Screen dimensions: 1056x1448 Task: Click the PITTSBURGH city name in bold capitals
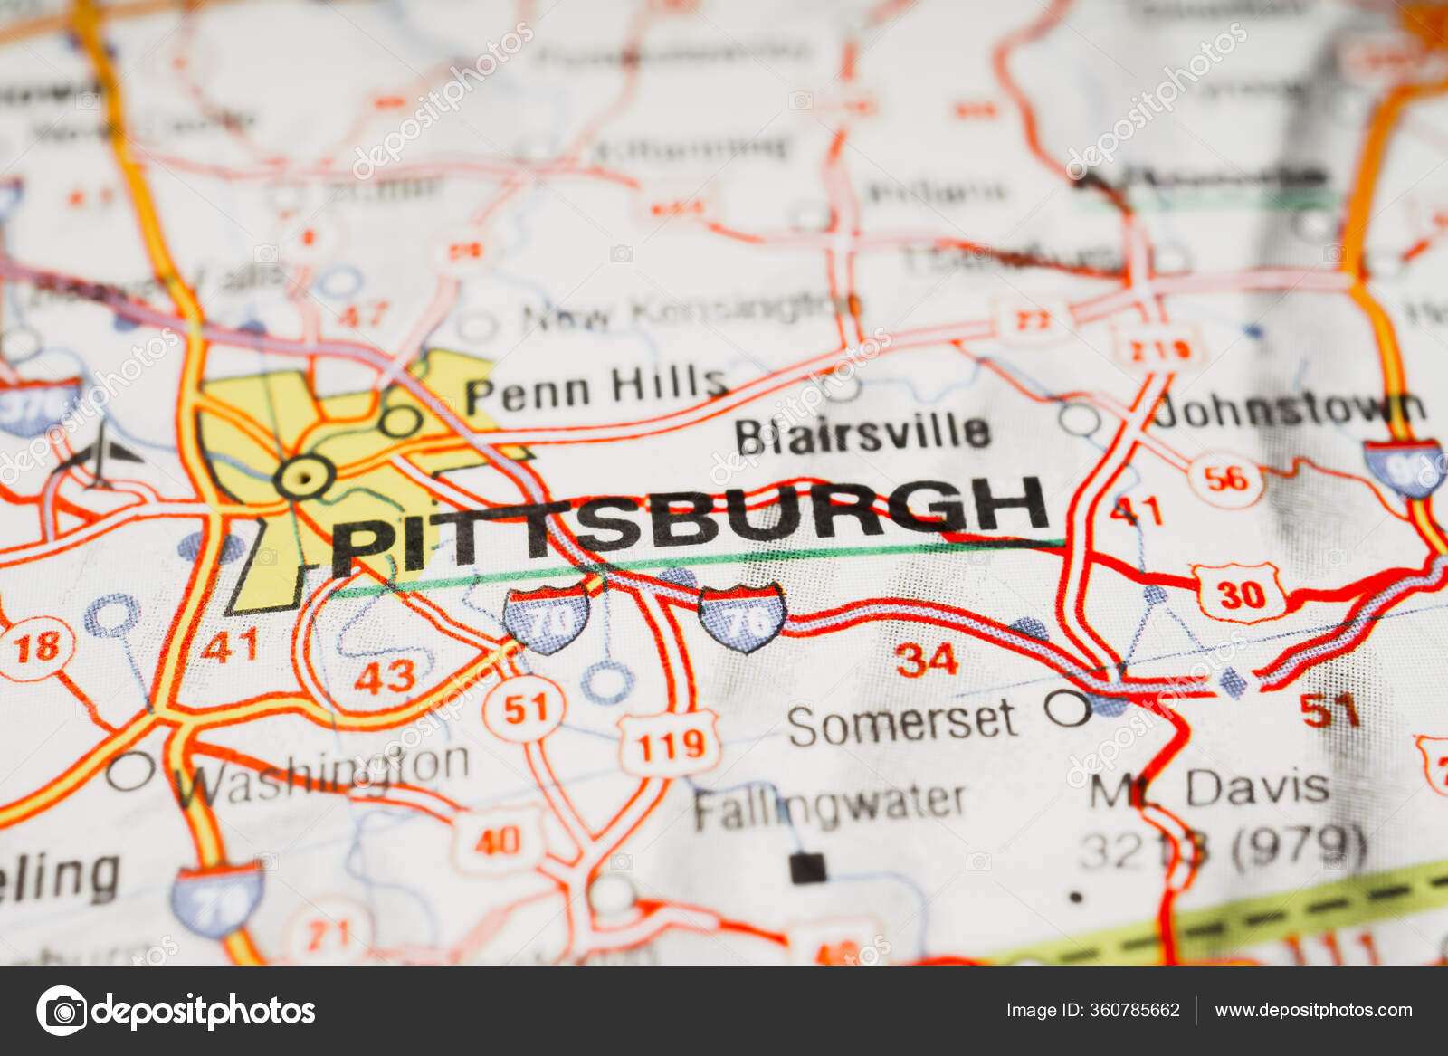click(688, 523)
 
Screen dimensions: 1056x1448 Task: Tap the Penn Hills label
click(595, 389)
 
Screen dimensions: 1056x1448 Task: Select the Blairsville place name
click(862, 434)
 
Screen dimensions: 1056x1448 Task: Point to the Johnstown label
click(1289, 411)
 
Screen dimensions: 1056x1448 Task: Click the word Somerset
click(901, 722)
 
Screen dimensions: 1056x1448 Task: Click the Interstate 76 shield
click(741, 616)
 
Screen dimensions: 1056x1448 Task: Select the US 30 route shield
click(1239, 594)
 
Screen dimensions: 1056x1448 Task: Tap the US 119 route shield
click(669, 745)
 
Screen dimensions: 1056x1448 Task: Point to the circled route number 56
click(1225, 478)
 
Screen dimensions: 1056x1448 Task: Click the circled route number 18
click(36, 646)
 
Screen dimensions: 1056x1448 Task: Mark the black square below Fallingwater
click(807, 868)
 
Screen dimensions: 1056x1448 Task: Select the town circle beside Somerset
click(1068, 707)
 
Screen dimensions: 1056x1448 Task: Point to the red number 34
click(926, 659)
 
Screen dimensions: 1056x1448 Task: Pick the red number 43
click(385, 676)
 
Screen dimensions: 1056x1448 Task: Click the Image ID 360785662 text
click(1092, 1010)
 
